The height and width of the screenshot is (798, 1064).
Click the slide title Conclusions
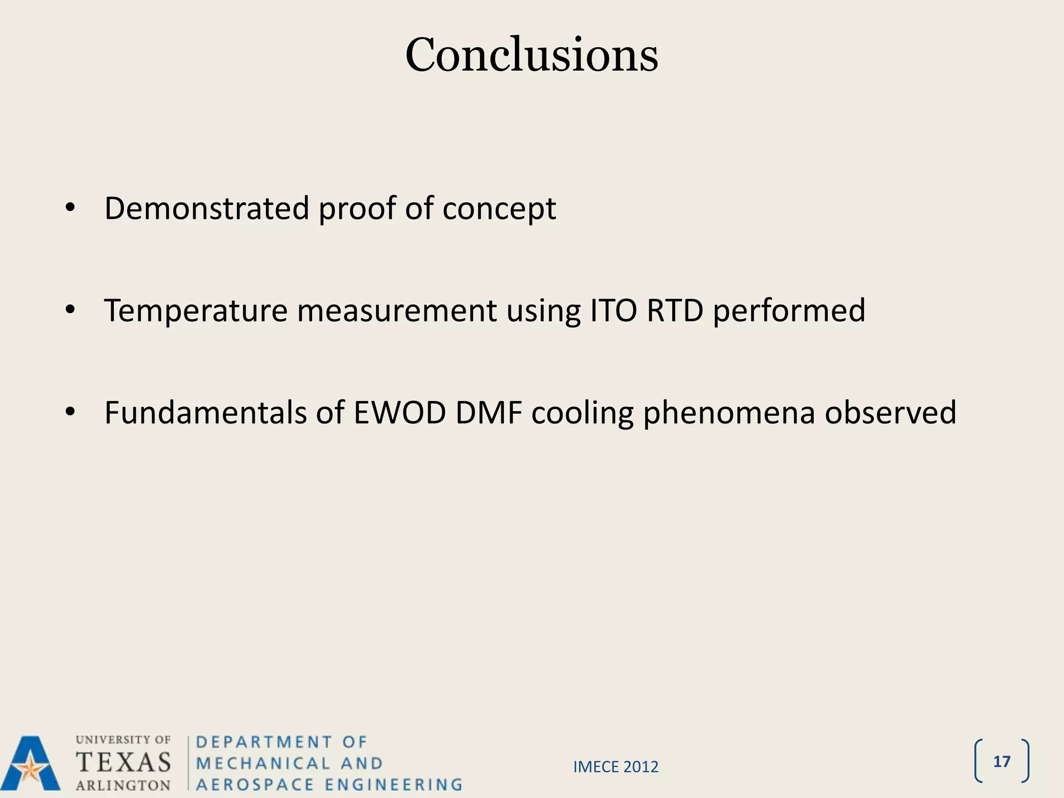(531, 55)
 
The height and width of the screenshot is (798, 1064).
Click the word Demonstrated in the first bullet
(207, 208)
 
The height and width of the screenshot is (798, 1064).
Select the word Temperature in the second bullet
(196, 311)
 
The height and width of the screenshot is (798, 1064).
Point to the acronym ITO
(613, 311)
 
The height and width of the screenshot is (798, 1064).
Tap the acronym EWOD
(400, 413)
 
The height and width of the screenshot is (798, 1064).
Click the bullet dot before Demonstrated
(71, 209)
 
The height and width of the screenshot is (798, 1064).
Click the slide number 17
(1001, 762)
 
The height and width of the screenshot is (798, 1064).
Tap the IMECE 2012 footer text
(616, 767)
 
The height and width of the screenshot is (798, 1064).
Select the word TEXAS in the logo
(124, 762)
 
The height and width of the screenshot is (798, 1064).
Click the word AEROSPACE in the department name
(255, 784)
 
